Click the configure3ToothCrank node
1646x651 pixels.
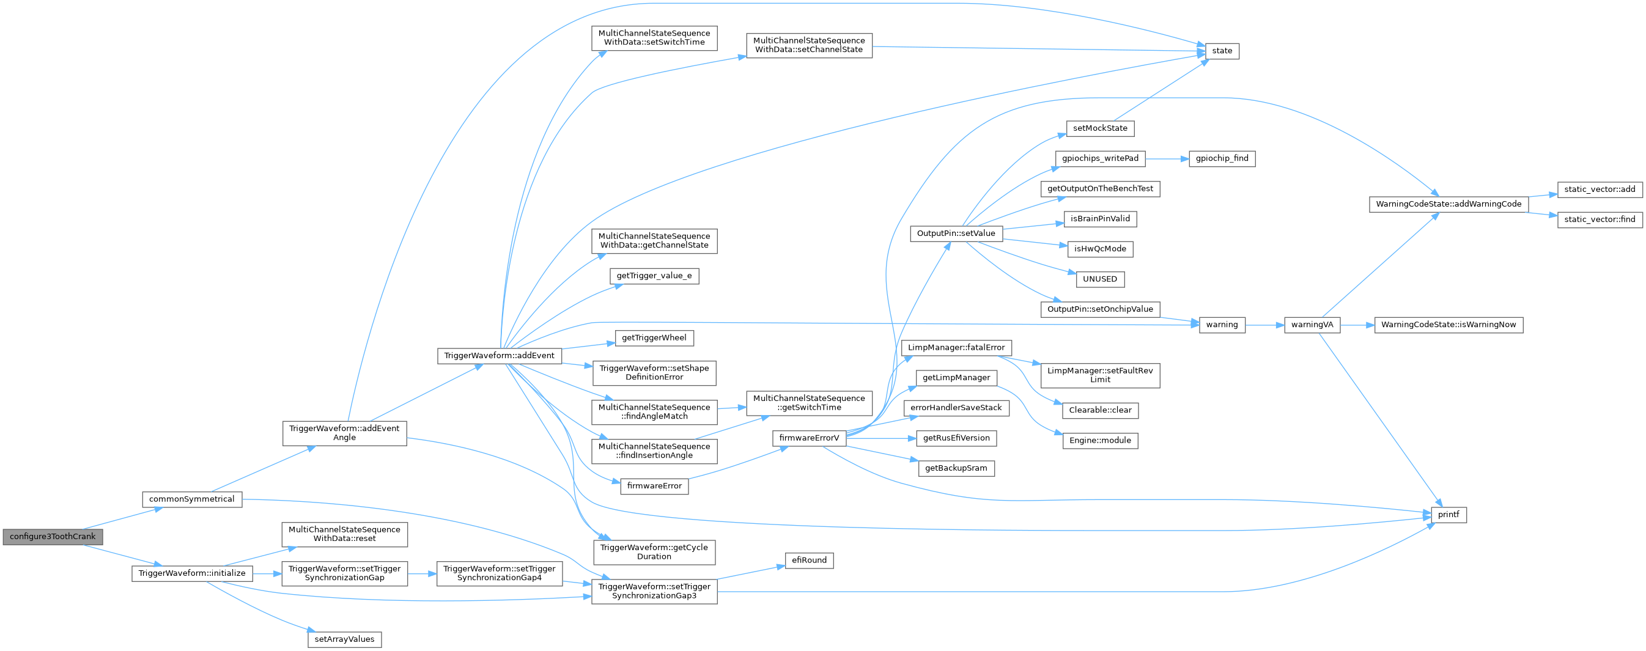(53, 537)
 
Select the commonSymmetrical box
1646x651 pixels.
(192, 499)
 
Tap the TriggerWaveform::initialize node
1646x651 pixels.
(192, 573)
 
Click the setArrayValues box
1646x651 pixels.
(344, 639)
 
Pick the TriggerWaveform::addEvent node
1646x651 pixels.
(499, 355)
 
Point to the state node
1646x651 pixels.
(1222, 51)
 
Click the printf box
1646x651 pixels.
(1448, 514)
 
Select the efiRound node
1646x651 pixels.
(809, 561)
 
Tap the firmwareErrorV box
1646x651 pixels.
(809, 438)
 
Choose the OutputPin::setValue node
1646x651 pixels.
(956, 233)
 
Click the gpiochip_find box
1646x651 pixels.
(1222, 158)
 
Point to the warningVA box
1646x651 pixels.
(1312, 325)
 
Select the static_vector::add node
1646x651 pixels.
(1600, 189)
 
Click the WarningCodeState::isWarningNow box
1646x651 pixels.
(1448, 325)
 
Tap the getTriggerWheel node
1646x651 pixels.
(654, 337)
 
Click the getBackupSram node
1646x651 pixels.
(956, 468)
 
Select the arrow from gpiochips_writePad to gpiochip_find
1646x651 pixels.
(1166, 158)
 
